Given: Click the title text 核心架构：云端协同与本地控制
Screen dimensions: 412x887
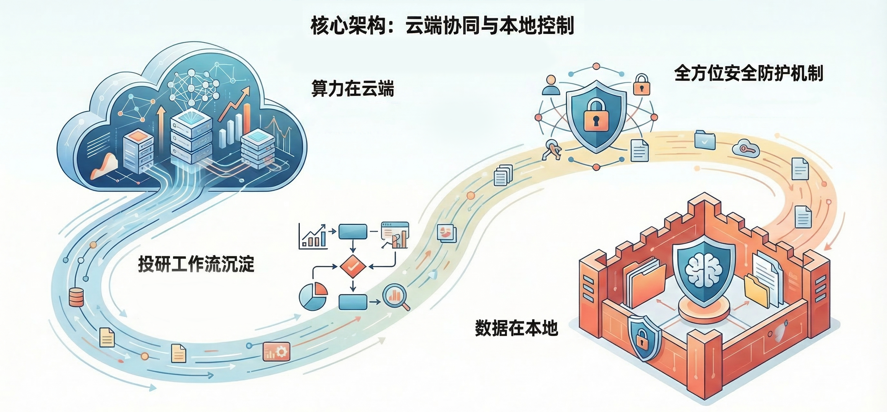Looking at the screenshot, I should (442, 26).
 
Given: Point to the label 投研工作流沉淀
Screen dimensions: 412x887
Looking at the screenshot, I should (196, 264).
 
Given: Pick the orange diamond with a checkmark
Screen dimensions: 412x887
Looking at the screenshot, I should (353, 266).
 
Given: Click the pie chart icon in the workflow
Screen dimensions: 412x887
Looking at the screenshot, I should (313, 296).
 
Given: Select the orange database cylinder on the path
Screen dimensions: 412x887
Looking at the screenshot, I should (76, 297).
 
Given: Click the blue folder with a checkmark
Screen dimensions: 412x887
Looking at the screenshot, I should (705, 140).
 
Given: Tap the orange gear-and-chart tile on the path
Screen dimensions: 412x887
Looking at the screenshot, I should (276, 351).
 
